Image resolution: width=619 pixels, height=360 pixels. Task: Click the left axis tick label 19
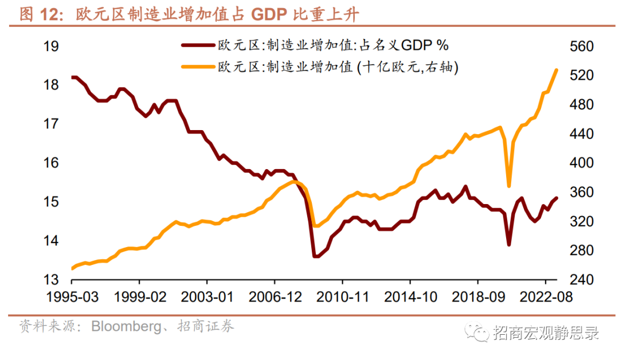pos(52,46)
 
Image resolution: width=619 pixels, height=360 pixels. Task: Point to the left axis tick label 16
pos(52,163)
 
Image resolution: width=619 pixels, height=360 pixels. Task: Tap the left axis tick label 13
pos(52,280)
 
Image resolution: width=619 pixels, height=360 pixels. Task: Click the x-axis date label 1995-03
pos(72,298)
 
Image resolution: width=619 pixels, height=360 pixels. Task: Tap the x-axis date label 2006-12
pos(275,298)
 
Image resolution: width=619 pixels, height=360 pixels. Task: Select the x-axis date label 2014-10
pos(410,298)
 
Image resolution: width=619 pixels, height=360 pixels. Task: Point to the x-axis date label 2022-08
pos(545,298)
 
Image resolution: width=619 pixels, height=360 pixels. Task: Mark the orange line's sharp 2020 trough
pos(509,186)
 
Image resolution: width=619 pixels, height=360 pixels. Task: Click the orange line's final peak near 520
pos(556,70)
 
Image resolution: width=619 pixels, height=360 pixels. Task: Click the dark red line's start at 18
pos(73,77)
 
